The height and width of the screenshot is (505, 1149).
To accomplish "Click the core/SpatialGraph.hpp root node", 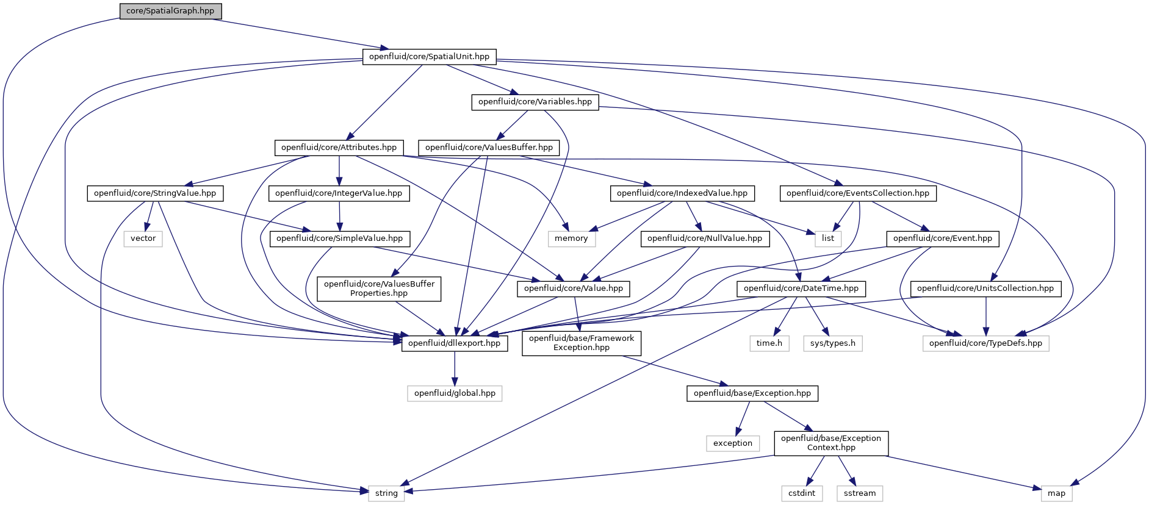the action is click(170, 11).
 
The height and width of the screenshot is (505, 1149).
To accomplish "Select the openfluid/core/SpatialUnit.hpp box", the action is click(430, 57).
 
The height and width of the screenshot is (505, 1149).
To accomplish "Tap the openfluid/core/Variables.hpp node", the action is click(535, 102).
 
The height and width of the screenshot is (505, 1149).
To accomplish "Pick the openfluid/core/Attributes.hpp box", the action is click(339, 148).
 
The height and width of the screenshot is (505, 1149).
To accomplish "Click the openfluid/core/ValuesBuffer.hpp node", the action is click(489, 148).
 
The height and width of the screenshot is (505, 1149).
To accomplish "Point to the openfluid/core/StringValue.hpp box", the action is click(155, 193).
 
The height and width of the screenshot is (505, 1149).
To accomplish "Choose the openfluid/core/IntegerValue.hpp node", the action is click(339, 193).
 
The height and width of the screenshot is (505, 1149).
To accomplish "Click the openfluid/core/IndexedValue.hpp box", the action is click(682, 193).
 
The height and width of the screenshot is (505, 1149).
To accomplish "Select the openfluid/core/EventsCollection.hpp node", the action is click(858, 193).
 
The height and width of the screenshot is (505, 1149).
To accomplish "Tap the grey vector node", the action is click(143, 238).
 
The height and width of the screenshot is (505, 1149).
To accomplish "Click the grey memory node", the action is click(571, 238).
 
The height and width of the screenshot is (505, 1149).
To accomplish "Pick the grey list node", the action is click(828, 238).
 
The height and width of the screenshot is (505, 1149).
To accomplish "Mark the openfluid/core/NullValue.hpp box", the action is click(705, 238).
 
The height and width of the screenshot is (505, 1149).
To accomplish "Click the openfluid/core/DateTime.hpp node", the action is click(801, 288).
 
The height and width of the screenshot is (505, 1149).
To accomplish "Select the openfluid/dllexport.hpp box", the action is click(455, 343).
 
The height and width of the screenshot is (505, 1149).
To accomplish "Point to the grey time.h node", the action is click(769, 343).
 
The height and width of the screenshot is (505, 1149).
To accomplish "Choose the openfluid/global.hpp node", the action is click(455, 393).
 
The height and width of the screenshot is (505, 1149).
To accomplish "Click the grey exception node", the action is click(733, 443).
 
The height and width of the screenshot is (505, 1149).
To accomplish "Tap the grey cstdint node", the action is click(802, 493).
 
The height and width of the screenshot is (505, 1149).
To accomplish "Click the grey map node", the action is click(1056, 493).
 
